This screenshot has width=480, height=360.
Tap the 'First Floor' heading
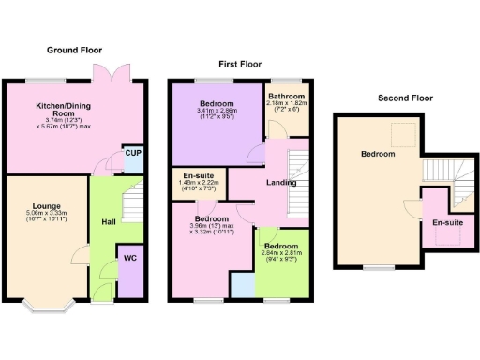click(x=240, y=64)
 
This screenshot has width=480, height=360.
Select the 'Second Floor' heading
click(x=405, y=97)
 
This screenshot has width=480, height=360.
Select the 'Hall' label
click(x=108, y=222)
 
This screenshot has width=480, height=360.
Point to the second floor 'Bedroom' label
click(x=378, y=154)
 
